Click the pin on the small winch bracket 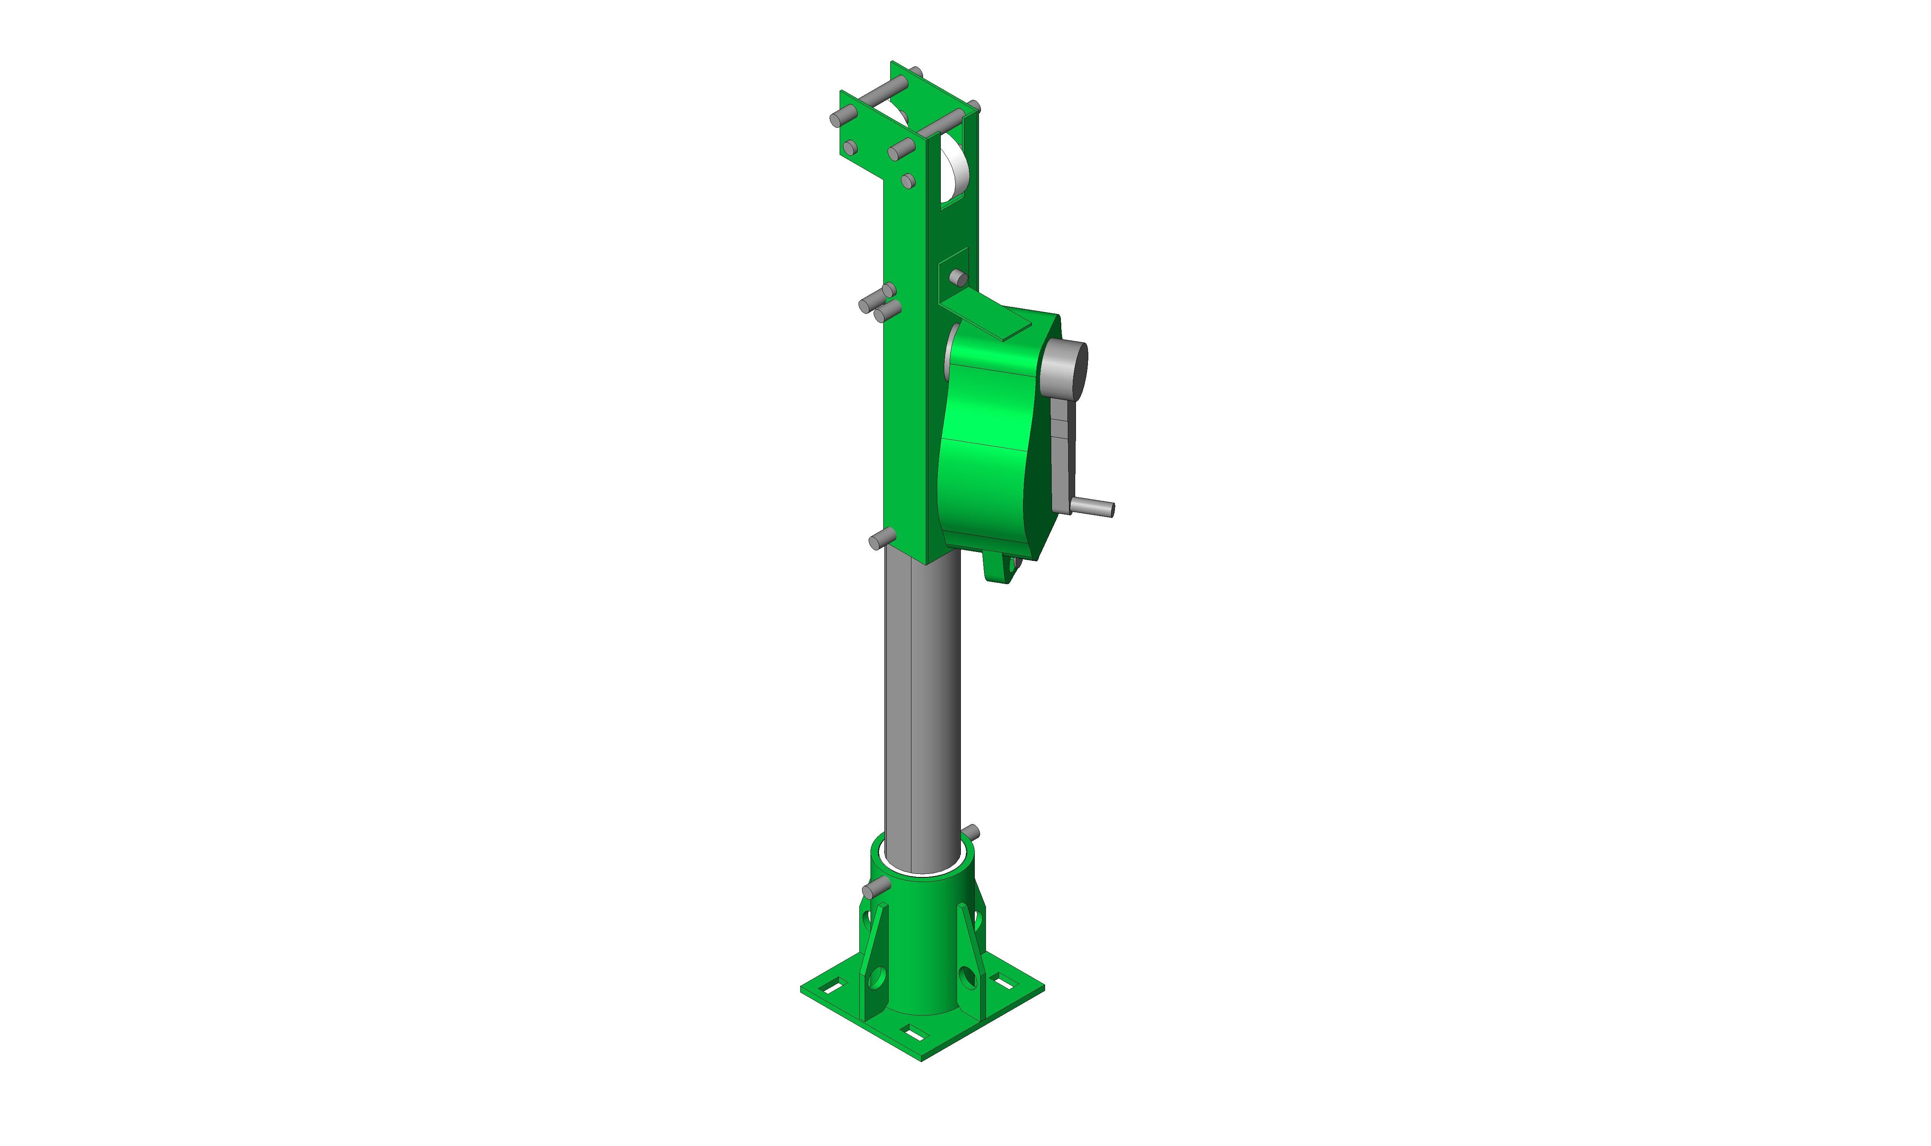tap(958, 277)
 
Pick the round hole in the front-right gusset tap(967, 979)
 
